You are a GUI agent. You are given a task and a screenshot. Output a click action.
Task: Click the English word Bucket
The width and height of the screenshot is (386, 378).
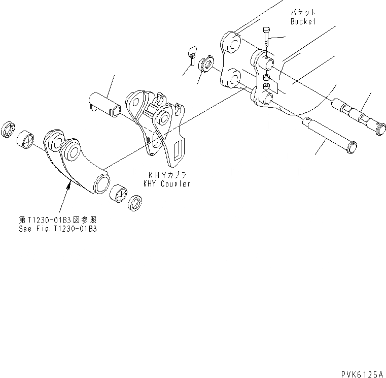click(x=303, y=22)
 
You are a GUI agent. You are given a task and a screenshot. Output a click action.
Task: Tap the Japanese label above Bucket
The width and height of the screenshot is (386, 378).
click(x=303, y=11)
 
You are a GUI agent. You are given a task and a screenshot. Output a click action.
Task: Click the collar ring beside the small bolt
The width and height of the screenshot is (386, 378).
click(x=207, y=64)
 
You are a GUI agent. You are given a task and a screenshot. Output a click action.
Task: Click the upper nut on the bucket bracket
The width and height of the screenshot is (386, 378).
click(x=266, y=78)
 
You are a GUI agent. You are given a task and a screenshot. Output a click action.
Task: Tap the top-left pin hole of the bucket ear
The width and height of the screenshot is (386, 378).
click(x=231, y=43)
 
